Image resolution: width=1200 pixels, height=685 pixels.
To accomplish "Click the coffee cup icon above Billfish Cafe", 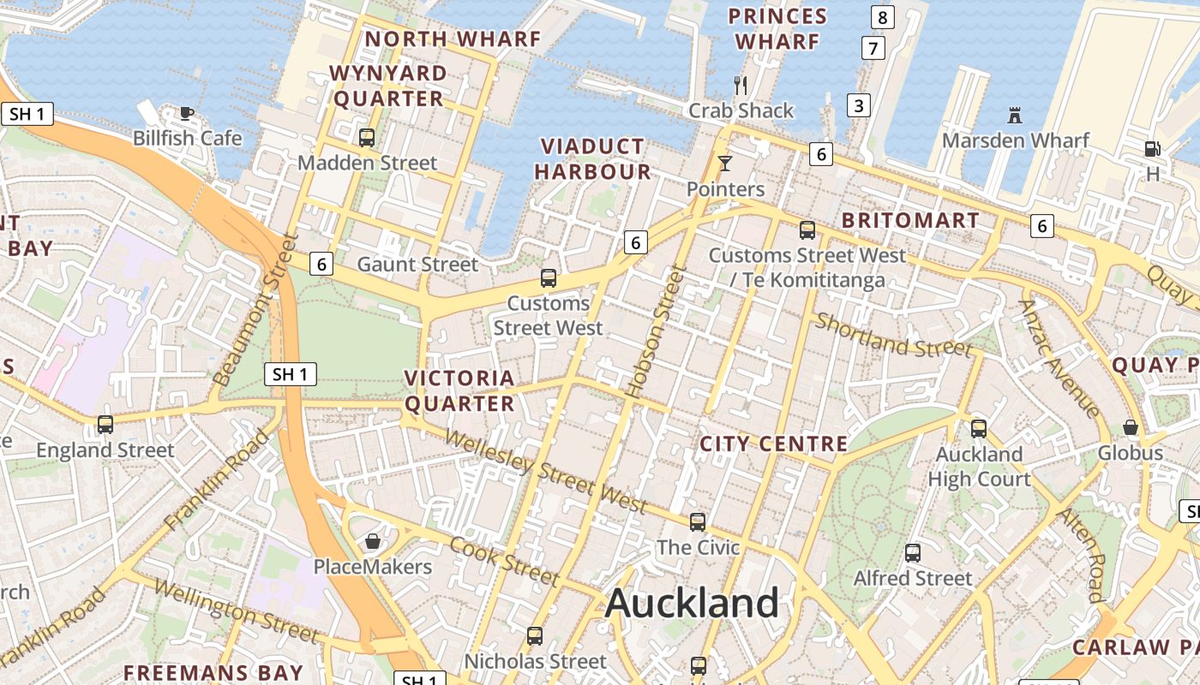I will click(x=186, y=112).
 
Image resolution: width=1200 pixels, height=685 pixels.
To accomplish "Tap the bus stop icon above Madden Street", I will click(x=367, y=137).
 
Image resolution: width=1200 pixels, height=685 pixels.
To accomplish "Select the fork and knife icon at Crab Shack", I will click(x=741, y=85).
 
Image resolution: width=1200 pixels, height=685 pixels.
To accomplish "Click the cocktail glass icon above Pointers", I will click(x=725, y=163).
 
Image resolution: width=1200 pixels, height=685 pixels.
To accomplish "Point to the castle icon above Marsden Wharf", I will click(x=1015, y=115).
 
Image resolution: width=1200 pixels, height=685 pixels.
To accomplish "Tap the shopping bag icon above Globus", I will click(x=1131, y=427).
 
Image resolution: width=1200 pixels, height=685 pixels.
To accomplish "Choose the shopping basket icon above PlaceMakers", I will click(x=373, y=541).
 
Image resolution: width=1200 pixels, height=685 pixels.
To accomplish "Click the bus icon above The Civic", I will click(x=698, y=521).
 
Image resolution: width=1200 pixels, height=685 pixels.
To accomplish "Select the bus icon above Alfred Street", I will click(x=913, y=553).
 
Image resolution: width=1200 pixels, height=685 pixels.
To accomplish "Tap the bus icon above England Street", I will click(x=105, y=424).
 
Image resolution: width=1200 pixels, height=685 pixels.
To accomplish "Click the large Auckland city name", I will click(x=692, y=604).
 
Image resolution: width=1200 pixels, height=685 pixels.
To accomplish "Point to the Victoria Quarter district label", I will click(x=459, y=390).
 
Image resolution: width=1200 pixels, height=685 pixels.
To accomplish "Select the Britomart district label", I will click(x=910, y=220).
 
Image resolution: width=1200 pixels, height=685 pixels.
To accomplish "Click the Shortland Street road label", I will click(x=893, y=335).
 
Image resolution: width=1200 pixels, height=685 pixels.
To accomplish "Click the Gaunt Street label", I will click(x=417, y=264).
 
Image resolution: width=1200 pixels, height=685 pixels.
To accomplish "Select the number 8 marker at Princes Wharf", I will click(x=881, y=16).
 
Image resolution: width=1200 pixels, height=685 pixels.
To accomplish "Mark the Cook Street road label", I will click(x=505, y=560).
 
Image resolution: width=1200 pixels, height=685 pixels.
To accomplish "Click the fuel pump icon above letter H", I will click(x=1153, y=149).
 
